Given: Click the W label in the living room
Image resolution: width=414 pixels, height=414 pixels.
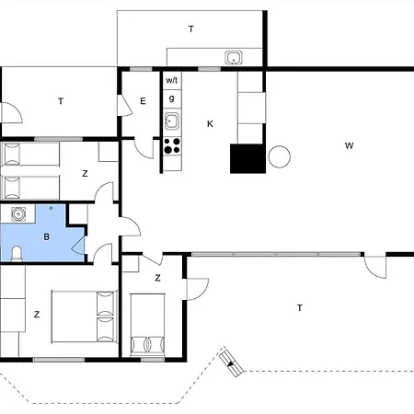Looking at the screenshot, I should (349, 145).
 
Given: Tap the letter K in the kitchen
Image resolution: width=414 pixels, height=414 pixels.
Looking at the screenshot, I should (210, 123).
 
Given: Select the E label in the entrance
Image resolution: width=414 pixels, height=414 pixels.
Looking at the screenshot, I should (144, 101).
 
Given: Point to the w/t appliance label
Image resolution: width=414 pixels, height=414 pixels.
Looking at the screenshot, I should (171, 80).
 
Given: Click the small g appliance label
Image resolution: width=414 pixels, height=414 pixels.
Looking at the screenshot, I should (171, 98).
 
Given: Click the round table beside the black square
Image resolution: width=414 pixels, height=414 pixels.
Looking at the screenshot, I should (279, 157).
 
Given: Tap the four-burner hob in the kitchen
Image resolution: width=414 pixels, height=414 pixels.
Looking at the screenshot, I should (171, 144).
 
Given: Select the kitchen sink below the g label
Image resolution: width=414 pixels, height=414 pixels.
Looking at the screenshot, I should (171, 120).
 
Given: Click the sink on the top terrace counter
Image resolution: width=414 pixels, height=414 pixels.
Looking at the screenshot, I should (234, 59).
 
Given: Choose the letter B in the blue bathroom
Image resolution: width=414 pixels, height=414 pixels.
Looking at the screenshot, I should (46, 236).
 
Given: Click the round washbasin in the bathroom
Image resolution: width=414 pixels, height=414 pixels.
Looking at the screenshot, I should (18, 214).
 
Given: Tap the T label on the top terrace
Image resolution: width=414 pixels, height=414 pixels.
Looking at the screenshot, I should (191, 29).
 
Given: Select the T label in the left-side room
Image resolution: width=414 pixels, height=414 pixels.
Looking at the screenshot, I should (61, 101).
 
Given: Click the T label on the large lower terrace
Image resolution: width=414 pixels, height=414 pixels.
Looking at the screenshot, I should (299, 307).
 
